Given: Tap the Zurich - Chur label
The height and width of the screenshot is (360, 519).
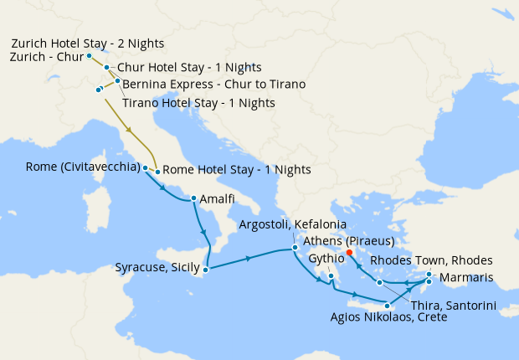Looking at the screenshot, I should (x=45, y=57).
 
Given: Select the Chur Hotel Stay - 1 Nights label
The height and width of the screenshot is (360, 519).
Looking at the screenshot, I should (x=189, y=67).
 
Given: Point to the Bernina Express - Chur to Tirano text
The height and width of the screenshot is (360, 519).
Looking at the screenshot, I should (x=213, y=85).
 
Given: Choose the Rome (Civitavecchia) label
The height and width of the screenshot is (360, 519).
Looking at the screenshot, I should (x=82, y=167).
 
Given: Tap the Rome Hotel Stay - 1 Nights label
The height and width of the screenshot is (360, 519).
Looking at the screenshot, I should (x=236, y=170).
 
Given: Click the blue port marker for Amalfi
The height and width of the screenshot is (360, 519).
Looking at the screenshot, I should (x=194, y=198).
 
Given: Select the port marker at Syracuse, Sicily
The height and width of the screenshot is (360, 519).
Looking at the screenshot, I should (x=206, y=269).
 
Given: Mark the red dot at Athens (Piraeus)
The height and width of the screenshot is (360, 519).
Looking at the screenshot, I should (x=349, y=251).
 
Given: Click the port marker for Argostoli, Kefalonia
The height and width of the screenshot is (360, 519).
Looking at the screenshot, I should (x=295, y=248).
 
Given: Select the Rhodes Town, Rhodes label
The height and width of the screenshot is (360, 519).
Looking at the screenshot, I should (x=431, y=260).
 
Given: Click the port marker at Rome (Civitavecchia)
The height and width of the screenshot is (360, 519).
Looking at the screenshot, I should (x=146, y=167).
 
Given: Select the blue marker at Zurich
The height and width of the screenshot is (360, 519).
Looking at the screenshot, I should (x=89, y=56).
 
